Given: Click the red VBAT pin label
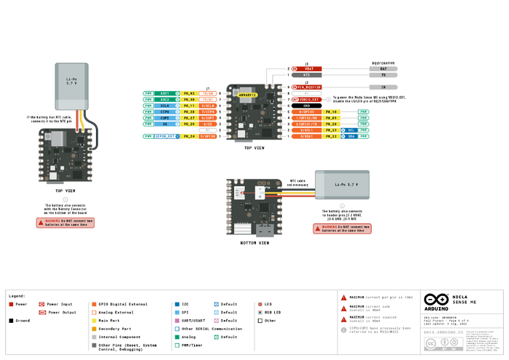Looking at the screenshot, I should pos(308,68).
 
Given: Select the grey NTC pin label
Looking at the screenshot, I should pos(308,75).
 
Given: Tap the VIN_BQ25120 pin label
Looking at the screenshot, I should pos(308,87).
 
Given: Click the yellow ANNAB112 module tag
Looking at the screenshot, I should pos(248,95).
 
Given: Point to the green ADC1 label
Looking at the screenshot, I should pos(165,93).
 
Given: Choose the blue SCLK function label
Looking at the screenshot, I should pos(165,105).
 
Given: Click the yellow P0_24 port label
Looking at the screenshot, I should pos(188,136).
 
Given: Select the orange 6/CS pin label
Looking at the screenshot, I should pos(208,124).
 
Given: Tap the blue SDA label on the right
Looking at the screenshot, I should pos(351,136).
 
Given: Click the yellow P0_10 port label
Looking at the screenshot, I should pos(332,112).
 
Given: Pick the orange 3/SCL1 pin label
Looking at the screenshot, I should pos(306,129).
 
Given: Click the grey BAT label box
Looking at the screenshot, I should pos(383,68).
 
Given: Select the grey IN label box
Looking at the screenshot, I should pos(383,87).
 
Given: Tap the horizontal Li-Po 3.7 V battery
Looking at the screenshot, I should pos(342,185).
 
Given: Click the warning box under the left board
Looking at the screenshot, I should pos(65,223).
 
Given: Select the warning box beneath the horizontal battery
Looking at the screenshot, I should pos(342,228).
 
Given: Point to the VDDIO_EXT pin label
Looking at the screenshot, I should pos(308,99).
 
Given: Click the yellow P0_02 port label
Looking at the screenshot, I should pos(188,93).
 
